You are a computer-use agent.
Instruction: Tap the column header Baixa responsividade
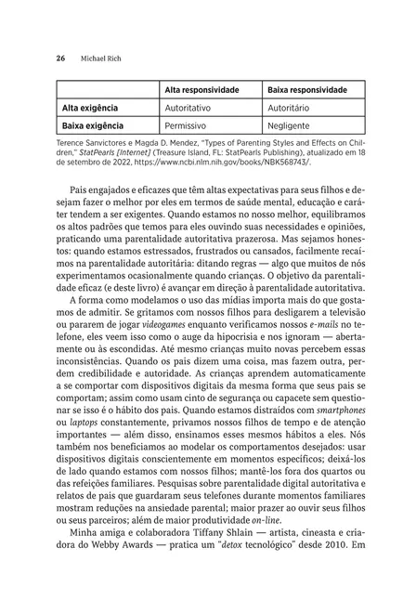307,91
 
